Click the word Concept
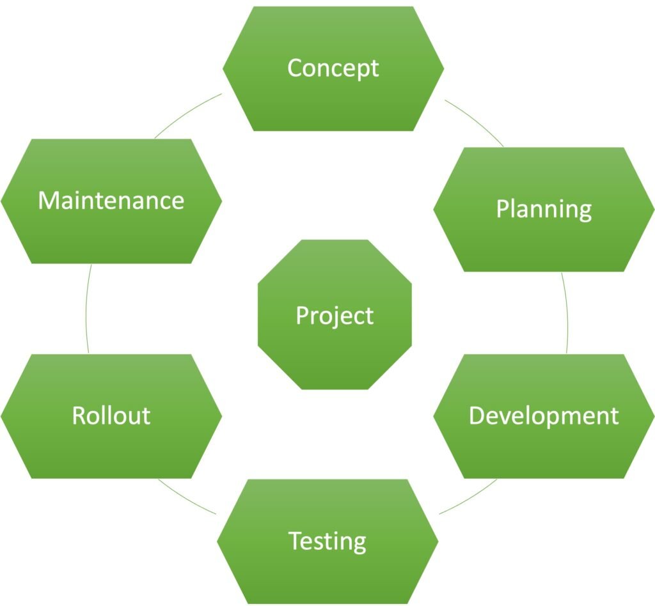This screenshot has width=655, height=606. point(333,68)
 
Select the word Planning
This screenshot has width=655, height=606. point(544,209)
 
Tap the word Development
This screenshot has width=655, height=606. point(544,416)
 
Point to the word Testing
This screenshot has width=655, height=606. point(327,541)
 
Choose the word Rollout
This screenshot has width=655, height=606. point(111,416)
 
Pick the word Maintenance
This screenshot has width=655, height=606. point(111,201)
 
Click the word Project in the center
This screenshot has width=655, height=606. point(335,315)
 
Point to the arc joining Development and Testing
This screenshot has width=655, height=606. point(470,497)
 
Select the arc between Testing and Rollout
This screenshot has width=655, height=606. point(187,496)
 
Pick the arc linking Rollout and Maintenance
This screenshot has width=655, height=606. point(86,309)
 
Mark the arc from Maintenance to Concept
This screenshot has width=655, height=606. point(187,114)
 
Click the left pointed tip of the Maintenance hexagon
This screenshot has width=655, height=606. point(3,201)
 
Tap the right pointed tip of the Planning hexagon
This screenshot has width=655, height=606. point(652,209)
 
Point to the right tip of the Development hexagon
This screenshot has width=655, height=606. point(652,416)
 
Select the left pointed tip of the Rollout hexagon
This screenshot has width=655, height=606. point(3,416)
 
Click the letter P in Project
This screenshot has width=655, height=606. point(302,315)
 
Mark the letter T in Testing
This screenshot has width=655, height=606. point(295,541)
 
